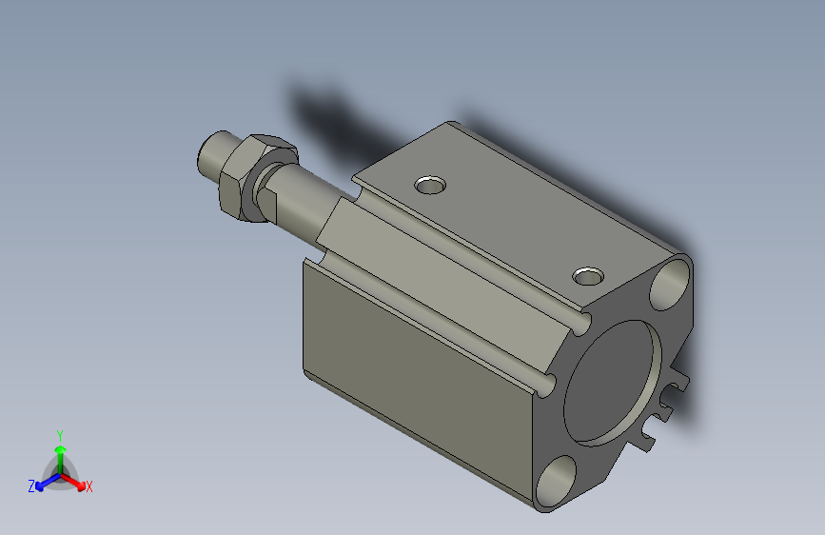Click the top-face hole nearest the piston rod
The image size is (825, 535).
pos(431,183)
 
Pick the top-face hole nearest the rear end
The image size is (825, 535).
pos(588,277)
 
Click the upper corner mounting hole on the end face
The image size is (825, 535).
pos(672,284)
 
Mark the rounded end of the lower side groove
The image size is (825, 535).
pos(545,384)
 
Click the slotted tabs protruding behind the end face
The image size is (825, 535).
pos(667,409)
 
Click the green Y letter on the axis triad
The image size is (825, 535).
pos(60,433)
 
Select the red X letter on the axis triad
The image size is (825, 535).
pos(88,487)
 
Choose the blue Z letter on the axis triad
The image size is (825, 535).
pos(31,486)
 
